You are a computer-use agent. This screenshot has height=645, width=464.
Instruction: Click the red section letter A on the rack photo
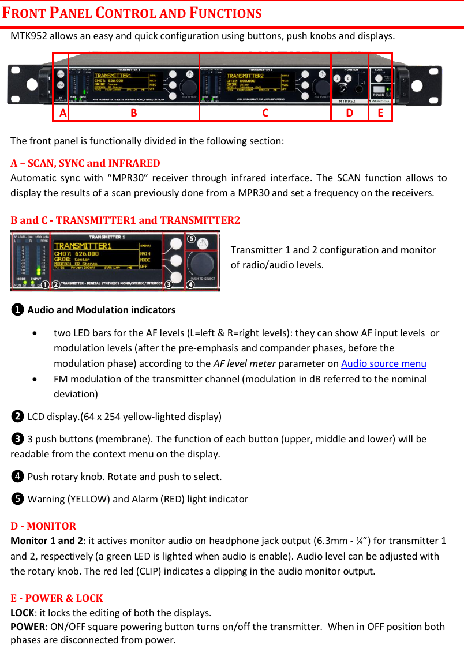tap(62, 113)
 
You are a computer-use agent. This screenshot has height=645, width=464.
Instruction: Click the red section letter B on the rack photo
tap(133, 113)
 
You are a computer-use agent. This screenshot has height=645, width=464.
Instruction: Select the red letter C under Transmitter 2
tap(265, 113)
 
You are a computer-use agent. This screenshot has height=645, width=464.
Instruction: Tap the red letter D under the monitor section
tap(349, 113)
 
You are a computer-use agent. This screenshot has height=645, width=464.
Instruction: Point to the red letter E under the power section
tap(380, 113)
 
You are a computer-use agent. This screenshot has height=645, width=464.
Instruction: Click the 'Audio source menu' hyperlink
tap(384, 363)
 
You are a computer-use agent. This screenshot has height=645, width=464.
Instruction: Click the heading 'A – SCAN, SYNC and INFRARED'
tap(85, 163)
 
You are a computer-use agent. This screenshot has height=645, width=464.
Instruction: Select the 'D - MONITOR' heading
tap(43, 526)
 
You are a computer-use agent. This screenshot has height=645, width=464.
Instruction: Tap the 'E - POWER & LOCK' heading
tap(57, 598)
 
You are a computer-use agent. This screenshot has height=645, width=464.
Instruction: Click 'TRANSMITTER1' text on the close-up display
tap(83, 246)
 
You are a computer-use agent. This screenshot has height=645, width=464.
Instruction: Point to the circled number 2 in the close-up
tap(55, 284)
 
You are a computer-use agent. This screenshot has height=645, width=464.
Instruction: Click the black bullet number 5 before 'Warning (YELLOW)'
tap(18, 499)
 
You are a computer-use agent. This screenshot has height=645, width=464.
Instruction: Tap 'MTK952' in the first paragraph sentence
tap(29, 36)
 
